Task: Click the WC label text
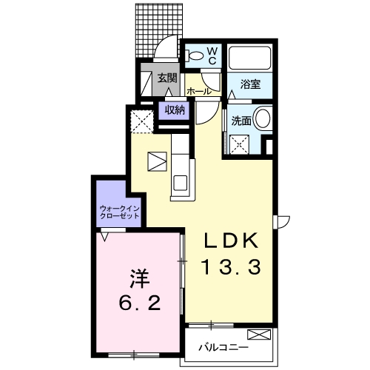tap(212, 55)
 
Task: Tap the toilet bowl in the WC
tap(195, 55)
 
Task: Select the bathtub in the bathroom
tap(249, 58)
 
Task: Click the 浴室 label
tap(250, 84)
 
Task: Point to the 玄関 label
tap(167, 78)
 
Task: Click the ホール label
tap(199, 92)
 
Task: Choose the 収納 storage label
tap(175, 110)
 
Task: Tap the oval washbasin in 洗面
tap(263, 118)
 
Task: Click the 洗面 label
tap(241, 121)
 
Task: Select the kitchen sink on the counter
tap(181, 183)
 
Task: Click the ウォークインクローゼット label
tap(119, 212)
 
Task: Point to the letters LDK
tap(231, 240)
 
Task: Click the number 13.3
tap(232, 267)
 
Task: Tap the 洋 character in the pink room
tap(140, 278)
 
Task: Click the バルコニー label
tap(223, 348)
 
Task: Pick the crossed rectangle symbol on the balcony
tap(259, 334)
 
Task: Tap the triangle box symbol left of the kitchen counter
tap(157, 161)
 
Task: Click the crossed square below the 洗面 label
tap(239, 145)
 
